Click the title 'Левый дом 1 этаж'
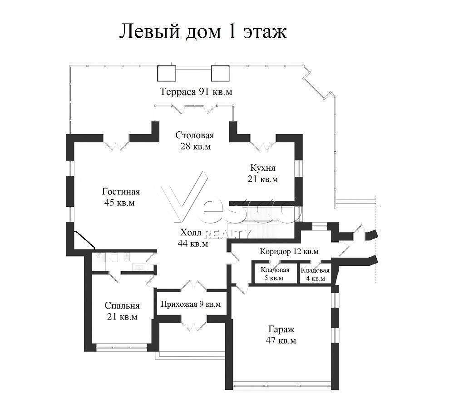(x=203, y=31)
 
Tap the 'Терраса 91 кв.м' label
(x=196, y=92)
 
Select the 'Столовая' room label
(x=195, y=135)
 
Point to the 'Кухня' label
(x=262, y=168)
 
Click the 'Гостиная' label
(x=121, y=192)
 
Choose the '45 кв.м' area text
(x=119, y=203)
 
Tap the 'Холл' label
(x=190, y=233)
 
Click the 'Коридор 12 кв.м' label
(x=289, y=251)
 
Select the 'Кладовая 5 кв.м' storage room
(x=275, y=274)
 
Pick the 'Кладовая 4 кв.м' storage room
(x=315, y=274)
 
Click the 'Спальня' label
(x=122, y=306)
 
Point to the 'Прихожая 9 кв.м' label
(x=191, y=304)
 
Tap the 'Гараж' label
(x=281, y=329)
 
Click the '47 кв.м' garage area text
(x=281, y=340)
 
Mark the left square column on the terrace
(x=167, y=73)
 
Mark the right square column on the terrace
(x=220, y=73)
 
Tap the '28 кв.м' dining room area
(x=196, y=146)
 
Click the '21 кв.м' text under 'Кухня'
(x=262, y=179)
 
